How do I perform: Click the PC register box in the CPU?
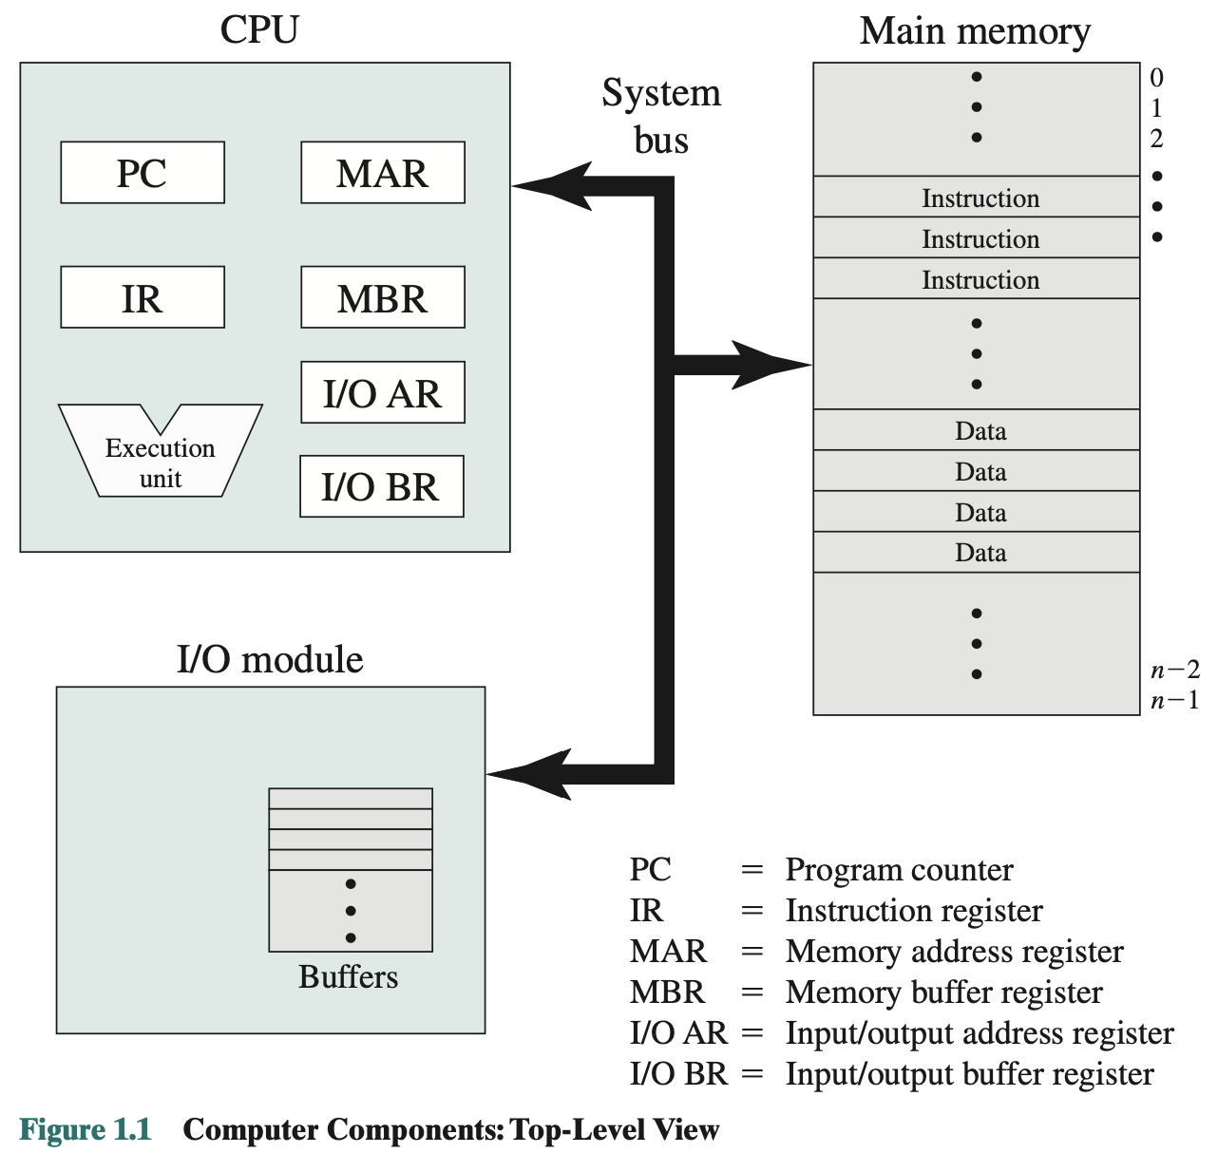(143, 173)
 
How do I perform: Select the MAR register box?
(383, 173)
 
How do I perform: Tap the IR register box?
(143, 297)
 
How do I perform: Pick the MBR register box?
(383, 297)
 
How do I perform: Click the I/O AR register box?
(383, 392)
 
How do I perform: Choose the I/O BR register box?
(382, 486)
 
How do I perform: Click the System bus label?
(661, 117)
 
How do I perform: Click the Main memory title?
(975, 30)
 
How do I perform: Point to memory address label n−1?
(1174, 701)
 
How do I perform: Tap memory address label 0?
(1156, 77)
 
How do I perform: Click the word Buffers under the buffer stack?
(348, 976)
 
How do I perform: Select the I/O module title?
(270, 659)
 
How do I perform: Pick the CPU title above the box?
(259, 28)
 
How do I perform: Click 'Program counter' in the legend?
(899, 869)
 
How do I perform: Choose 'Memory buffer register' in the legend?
(943, 992)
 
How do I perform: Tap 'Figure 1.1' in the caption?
(86, 1129)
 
